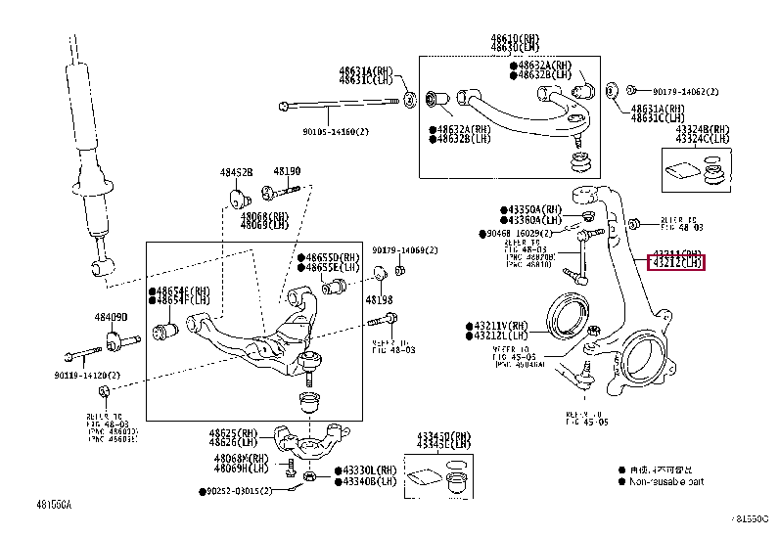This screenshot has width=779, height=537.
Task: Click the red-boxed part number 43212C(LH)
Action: [x=677, y=262]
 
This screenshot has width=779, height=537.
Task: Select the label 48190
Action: [x=287, y=171]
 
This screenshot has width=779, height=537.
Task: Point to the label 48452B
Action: [x=236, y=172]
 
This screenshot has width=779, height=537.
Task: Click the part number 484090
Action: [x=111, y=317]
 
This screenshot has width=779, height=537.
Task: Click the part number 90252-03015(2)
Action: [x=247, y=490]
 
